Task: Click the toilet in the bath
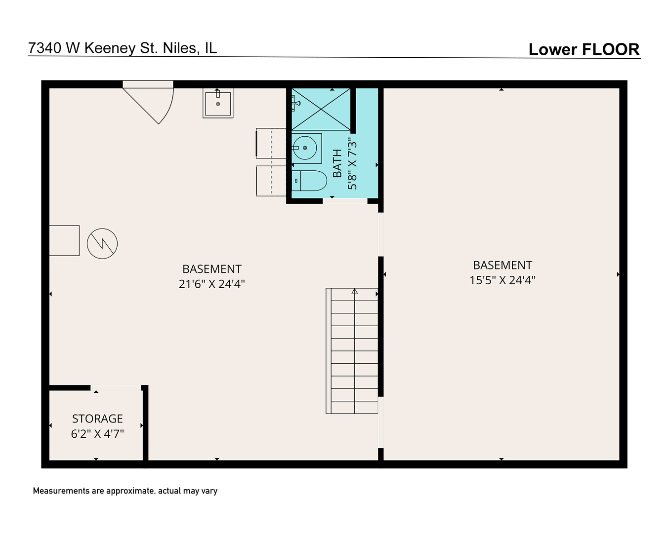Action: coord(310,181)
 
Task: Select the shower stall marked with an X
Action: coord(321,110)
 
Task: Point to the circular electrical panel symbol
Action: coord(102,244)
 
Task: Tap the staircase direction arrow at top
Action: coord(354,291)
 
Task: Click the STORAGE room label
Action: coord(97,419)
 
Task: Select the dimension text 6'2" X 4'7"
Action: coord(97,434)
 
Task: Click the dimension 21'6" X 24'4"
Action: coord(212,284)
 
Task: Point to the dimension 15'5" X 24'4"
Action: coord(502,280)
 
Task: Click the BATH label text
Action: coord(337,164)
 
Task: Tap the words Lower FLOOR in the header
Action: coord(584,49)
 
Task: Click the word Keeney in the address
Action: coord(109,48)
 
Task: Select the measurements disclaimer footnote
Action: coord(125,491)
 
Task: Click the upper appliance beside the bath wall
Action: coord(271,143)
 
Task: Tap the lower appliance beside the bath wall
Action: coord(271,181)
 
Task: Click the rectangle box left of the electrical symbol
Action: coord(64,240)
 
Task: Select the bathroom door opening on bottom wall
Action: coord(345,200)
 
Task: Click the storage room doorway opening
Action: coord(116,388)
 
